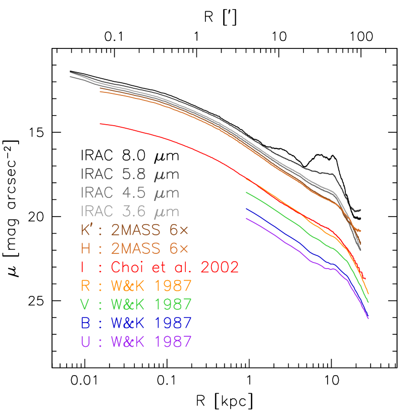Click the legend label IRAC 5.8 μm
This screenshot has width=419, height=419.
coord(130,175)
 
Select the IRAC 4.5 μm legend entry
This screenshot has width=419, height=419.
coord(130,193)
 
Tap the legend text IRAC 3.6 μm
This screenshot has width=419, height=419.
coord(130,211)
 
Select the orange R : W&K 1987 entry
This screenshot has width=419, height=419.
coord(136,286)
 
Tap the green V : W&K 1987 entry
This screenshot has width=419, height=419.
coord(136,304)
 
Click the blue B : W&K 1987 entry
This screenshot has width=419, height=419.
coord(136,323)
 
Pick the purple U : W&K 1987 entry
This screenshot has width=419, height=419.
coord(136,342)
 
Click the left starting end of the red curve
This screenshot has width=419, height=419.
coord(100,123)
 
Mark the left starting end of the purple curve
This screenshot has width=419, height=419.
coord(246,218)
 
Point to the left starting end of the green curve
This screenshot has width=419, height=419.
coord(246,192)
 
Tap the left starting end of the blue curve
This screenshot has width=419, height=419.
coord(246,208)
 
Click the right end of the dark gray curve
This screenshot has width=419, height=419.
coord(360,210)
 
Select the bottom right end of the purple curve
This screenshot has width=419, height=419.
coord(369,319)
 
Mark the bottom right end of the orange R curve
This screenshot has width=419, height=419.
coord(369,293)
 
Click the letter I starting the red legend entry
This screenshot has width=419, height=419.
coord(83,267)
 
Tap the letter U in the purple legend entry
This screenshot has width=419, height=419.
coord(85,342)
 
